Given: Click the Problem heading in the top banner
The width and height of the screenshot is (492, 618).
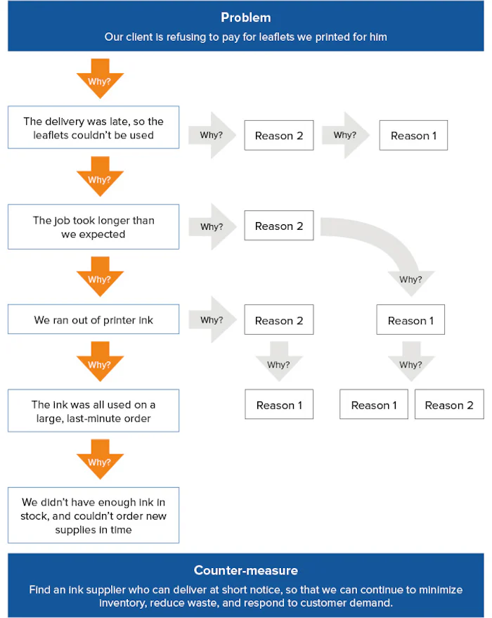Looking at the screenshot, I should click(245, 18).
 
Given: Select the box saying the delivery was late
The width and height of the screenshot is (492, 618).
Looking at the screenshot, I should click(93, 128).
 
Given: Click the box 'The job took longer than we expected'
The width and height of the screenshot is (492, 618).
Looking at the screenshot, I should click(93, 227).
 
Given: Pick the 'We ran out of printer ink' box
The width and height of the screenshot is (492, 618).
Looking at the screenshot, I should click(93, 320).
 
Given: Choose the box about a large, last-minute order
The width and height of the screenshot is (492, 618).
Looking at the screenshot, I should click(93, 411).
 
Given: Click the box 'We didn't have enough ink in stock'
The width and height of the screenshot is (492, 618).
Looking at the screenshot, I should click(93, 515).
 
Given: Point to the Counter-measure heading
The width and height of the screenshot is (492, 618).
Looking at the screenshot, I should click(245, 570).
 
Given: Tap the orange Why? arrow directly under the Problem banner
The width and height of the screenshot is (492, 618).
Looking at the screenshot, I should click(99, 78).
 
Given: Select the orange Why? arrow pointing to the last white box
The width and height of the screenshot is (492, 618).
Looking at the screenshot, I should click(99, 460).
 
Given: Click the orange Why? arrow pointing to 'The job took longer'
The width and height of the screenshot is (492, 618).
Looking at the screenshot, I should click(99, 177).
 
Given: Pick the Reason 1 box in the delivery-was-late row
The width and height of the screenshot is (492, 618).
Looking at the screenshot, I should click(413, 136).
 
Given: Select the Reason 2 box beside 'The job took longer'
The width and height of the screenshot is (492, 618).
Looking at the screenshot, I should click(279, 226).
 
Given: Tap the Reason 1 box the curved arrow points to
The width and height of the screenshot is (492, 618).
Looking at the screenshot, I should click(410, 321).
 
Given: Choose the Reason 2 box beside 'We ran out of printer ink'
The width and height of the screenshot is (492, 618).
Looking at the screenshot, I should click(279, 321).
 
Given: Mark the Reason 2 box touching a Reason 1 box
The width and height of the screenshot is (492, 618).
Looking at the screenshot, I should click(449, 405).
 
